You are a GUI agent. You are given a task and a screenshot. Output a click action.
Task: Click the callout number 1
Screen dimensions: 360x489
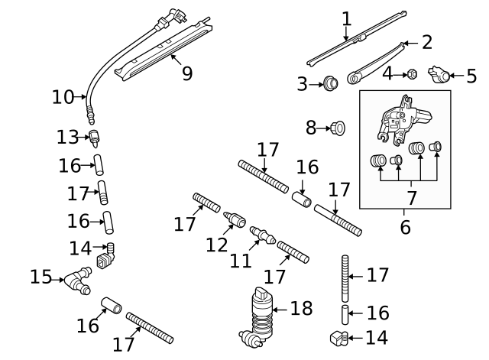(346, 17)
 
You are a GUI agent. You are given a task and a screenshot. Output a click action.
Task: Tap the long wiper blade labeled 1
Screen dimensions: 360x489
(355, 38)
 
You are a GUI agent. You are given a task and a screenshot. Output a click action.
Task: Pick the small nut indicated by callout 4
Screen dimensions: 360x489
(411, 74)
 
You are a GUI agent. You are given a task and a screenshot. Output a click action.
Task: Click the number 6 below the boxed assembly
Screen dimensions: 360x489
(405, 226)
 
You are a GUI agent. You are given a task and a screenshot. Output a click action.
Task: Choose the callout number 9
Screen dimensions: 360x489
(186, 73)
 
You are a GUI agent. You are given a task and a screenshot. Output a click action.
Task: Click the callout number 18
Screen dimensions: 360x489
(302, 309)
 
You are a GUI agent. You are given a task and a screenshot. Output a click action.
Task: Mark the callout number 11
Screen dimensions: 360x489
(241, 261)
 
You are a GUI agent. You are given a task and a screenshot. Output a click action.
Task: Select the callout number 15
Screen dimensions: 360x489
(40, 276)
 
